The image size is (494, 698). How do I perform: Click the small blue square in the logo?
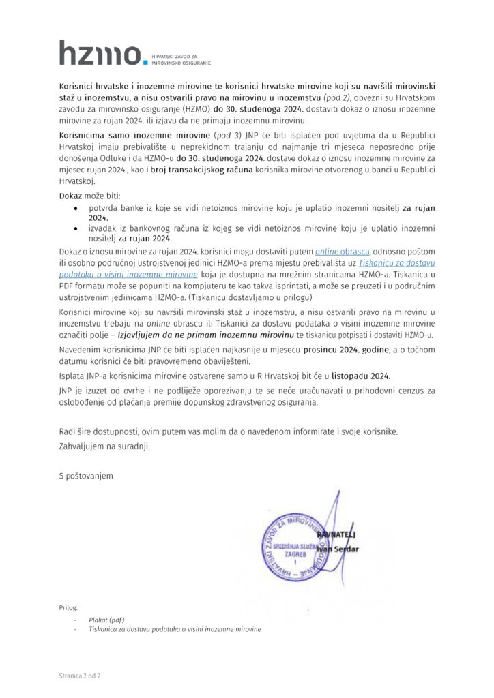pos(144,62)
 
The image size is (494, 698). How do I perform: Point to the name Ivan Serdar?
pos(337,549)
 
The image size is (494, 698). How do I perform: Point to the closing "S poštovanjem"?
pos(86,475)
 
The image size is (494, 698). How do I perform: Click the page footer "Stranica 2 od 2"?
pos(80,676)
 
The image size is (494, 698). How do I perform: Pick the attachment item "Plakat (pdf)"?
pos(106,620)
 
